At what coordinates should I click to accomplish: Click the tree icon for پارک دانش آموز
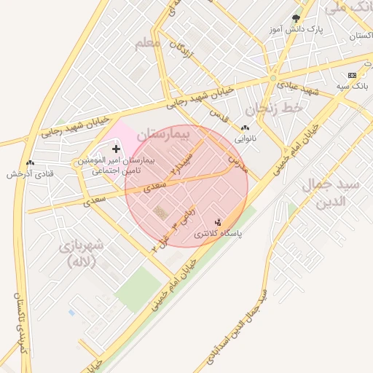296,18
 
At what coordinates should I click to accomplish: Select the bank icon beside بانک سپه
353,75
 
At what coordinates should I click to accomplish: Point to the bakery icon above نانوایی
244,127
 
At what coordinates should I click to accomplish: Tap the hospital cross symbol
116,149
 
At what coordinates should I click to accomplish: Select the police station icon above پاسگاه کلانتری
217,222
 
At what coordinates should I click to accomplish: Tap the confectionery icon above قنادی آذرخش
30,163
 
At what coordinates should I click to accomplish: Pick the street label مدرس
237,162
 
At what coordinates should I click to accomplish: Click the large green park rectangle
138,288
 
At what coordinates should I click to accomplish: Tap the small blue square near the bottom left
71,313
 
